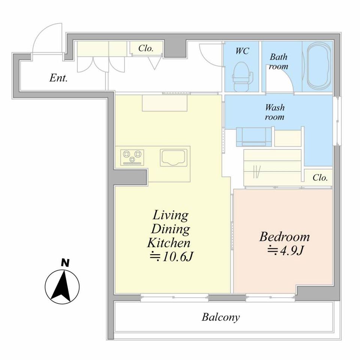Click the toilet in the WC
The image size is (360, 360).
243,76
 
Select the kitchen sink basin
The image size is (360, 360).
174,157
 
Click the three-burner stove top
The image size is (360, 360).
132,157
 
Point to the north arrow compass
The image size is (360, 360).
62,286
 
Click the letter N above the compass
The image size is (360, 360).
65,262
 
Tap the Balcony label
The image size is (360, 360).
220,317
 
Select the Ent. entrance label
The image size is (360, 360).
58,78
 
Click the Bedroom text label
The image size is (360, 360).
285,237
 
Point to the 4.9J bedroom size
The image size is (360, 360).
286,250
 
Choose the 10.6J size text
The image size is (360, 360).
171,257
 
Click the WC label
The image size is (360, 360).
242,51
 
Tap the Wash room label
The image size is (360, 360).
274,112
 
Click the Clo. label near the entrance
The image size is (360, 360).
146,48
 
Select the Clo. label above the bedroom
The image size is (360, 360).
320,178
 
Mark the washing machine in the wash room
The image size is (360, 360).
254,137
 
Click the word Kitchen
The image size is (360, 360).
169,243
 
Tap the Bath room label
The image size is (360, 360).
278,61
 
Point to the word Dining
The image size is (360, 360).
171,229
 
